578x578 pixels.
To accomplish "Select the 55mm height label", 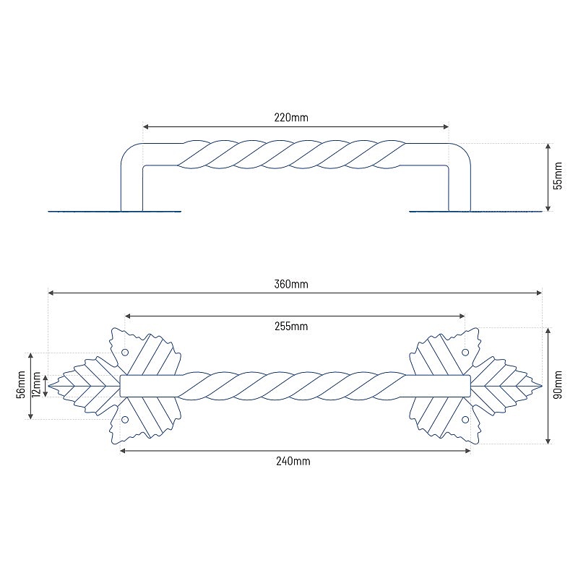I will tap(557, 176).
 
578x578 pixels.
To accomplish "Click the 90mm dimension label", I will tap(558, 385).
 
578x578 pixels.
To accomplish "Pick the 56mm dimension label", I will tap(20, 384).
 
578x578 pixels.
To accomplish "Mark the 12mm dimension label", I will tap(38, 385).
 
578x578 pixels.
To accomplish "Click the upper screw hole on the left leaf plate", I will tap(125, 353).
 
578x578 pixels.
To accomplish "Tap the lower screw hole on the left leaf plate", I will tap(125, 419).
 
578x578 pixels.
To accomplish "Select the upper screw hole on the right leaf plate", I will tap(465, 353).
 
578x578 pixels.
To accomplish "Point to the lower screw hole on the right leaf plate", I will tap(465, 419).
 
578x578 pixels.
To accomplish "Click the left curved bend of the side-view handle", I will tap(128, 150).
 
